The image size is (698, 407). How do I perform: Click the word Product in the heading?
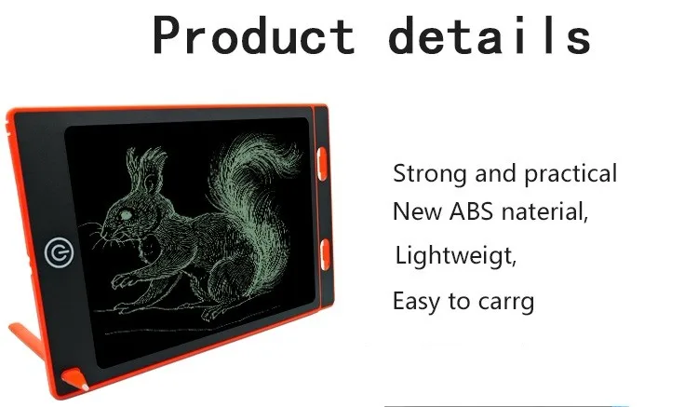(x=254, y=35)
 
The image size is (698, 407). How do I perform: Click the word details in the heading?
(x=490, y=35)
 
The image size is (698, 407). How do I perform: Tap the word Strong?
(x=430, y=174)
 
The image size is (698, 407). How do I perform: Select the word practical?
(x=570, y=174)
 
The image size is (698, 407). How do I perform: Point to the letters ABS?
(x=471, y=211)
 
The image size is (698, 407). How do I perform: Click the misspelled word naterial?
(x=544, y=211)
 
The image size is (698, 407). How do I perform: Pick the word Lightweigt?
(x=455, y=256)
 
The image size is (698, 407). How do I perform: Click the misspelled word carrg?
(x=506, y=303)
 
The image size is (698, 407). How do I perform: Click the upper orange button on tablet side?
(x=322, y=164)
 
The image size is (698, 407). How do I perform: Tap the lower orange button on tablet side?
(x=326, y=254)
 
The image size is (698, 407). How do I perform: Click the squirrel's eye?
(x=126, y=215)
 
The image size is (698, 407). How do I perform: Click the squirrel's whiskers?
(x=96, y=234)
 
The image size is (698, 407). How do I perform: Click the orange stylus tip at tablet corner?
(x=75, y=379)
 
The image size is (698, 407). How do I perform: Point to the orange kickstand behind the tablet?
(x=28, y=341)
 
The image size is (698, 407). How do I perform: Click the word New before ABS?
(x=417, y=211)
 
